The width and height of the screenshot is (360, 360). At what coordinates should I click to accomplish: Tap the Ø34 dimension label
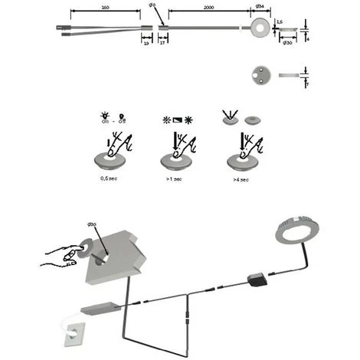260,8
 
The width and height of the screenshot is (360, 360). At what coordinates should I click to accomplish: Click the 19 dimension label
146,44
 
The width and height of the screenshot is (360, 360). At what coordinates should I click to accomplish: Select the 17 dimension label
162,44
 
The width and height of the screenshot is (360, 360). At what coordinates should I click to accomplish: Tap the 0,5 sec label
110,178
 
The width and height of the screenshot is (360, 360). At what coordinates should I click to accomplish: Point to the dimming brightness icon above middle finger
175,119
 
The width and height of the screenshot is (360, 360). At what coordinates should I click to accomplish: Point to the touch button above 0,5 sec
109,159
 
